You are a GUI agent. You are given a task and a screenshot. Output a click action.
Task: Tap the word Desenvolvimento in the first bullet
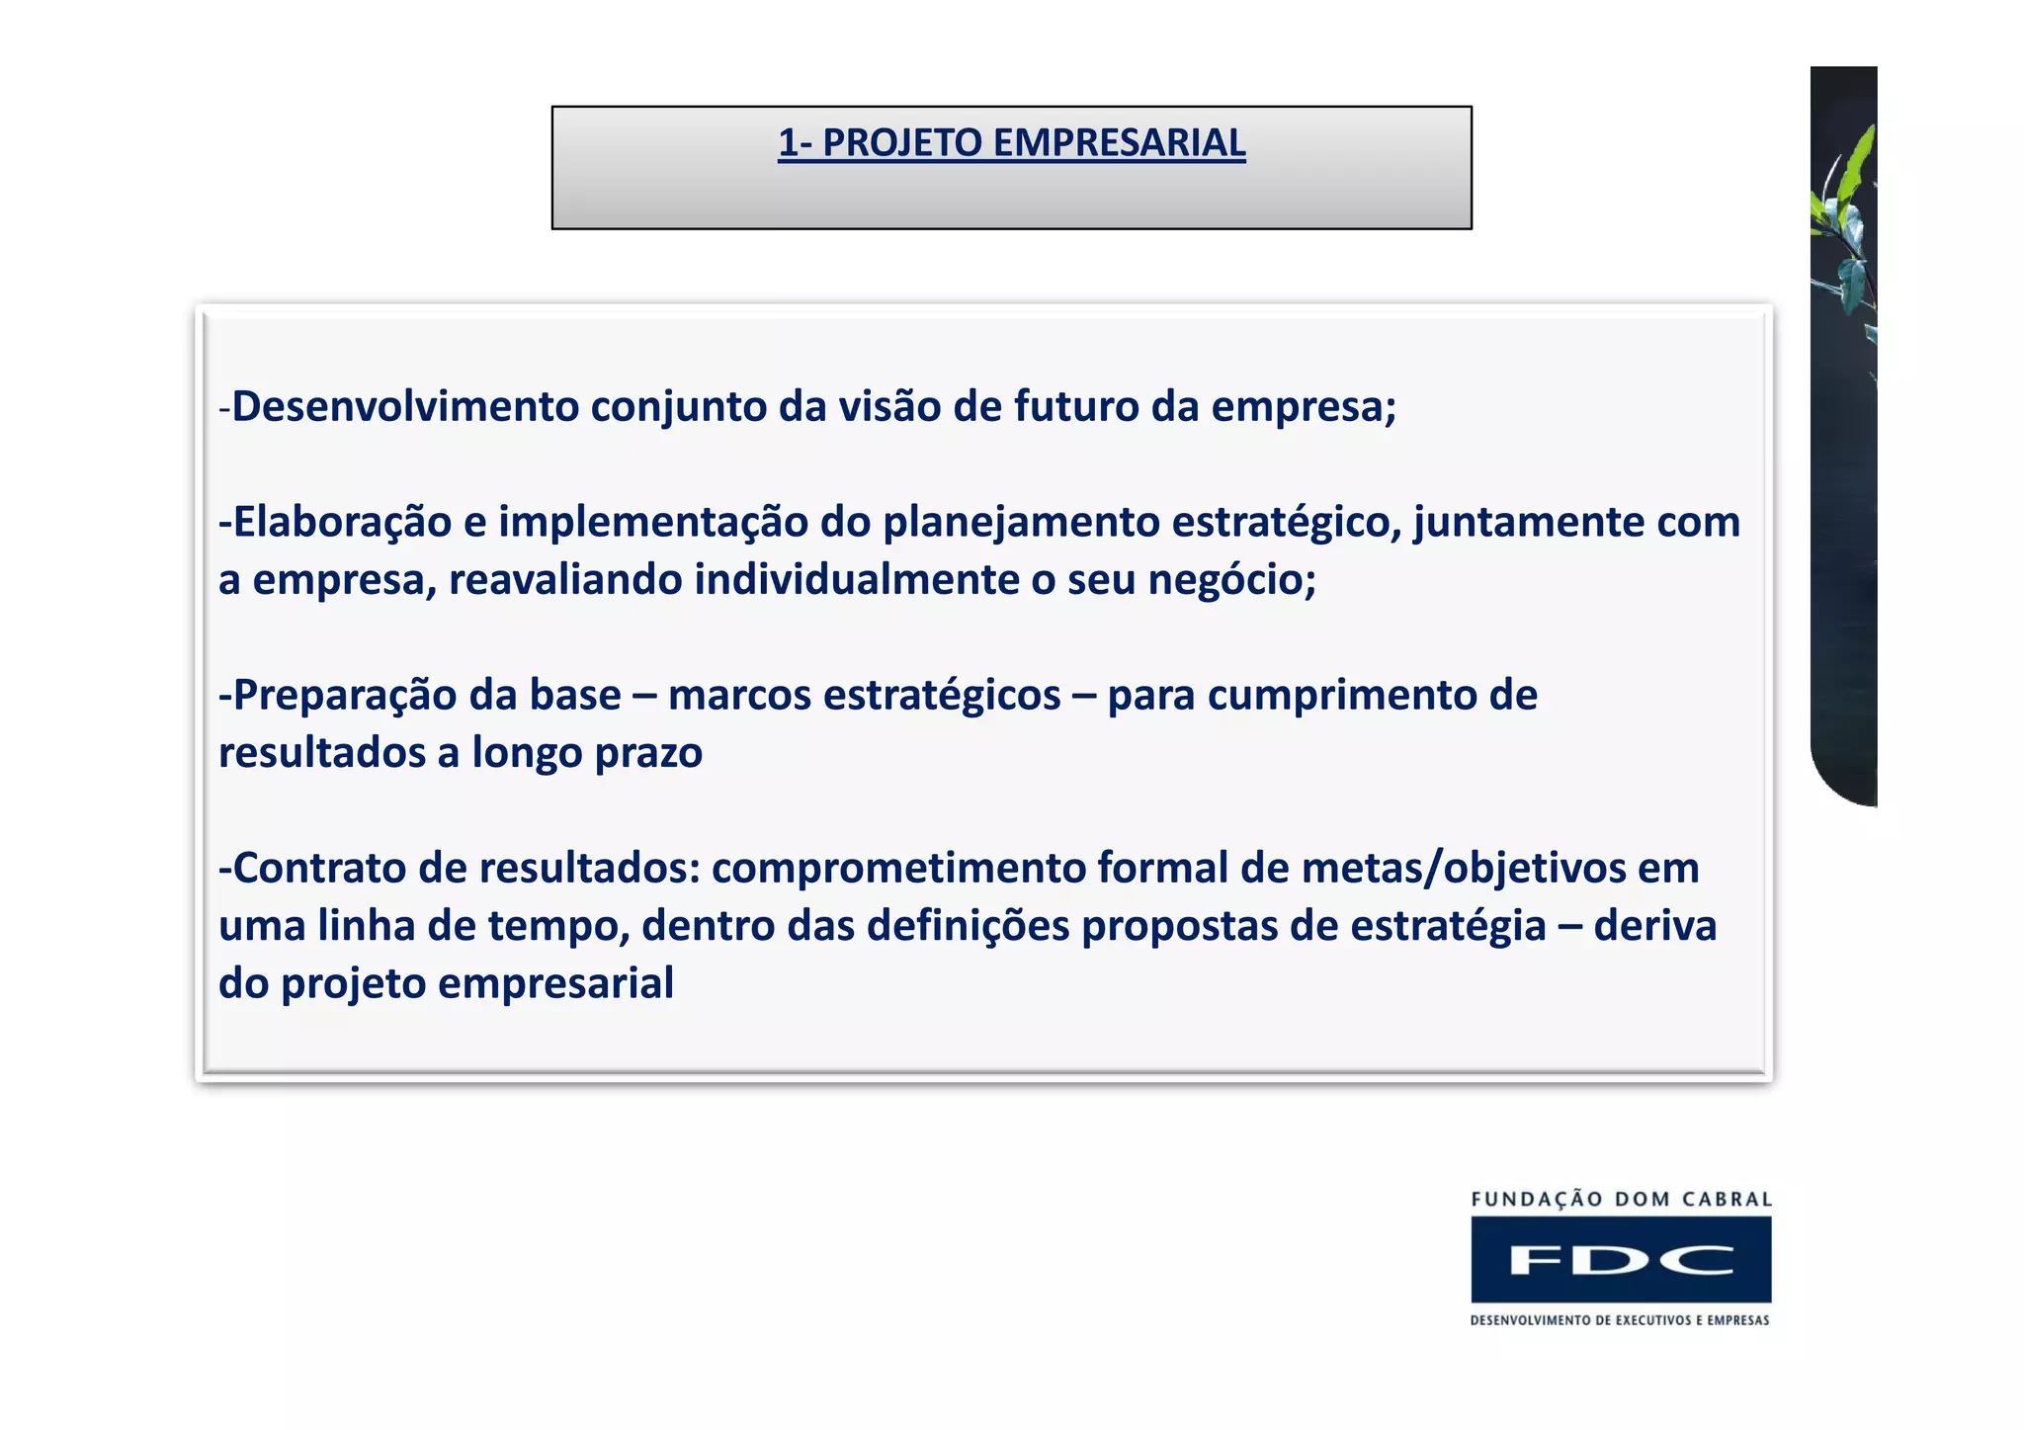tap(405, 406)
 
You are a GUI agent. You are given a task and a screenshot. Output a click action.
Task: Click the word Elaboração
tap(342, 522)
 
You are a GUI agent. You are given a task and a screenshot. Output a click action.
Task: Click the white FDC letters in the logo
tap(1621, 1260)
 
